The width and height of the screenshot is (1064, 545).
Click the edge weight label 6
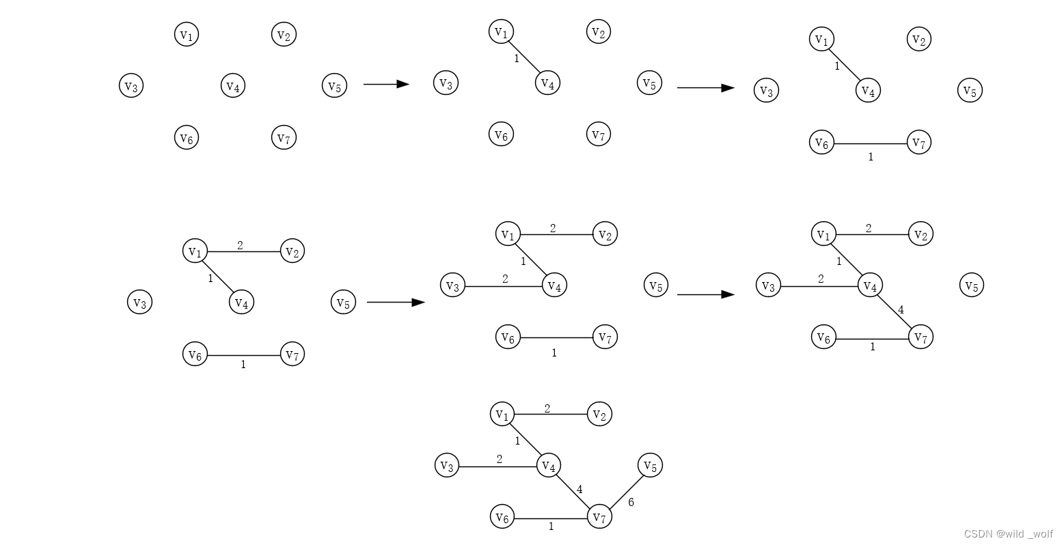click(x=631, y=502)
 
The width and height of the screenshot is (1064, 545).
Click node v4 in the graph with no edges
click(x=233, y=86)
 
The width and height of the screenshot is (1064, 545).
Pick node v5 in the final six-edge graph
click(x=650, y=466)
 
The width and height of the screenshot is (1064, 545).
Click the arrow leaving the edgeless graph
click(x=386, y=84)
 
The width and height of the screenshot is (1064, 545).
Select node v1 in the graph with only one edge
click(x=502, y=31)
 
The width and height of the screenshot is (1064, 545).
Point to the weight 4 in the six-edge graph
click(x=579, y=490)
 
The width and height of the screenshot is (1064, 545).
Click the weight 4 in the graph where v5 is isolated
click(x=901, y=310)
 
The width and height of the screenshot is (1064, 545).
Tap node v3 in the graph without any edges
click(x=131, y=86)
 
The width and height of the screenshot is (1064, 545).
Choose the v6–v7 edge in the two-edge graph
click(x=871, y=143)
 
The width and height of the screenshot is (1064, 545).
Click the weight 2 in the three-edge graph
click(x=240, y=245)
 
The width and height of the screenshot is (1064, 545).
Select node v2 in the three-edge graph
click(x=292, y=251)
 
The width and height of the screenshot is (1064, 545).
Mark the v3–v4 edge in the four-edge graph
click(x=504, y=286)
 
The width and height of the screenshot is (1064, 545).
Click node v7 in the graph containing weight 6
click(x=599, y=517)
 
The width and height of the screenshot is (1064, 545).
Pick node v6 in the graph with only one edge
click(x=502, y=135)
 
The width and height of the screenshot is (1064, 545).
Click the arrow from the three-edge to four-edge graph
click(x=396, y=302)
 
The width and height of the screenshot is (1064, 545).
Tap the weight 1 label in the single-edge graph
click(x=517, y=59)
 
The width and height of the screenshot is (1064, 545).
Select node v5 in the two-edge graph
click(x=970, y=90)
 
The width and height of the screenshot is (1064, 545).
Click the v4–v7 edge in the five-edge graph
click(x=895, y=311)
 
